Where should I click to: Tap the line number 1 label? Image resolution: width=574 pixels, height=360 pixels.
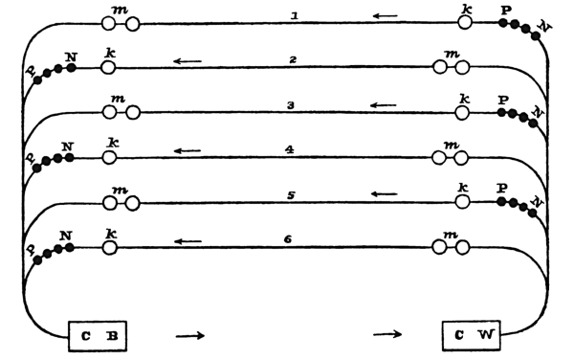(x=295, y=15)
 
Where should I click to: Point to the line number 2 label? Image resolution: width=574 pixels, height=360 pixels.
(x=293, y=59)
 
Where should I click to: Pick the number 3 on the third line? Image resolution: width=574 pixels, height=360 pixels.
(x=291, y=105)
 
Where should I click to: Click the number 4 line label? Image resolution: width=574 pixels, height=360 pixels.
(x=290, y=149)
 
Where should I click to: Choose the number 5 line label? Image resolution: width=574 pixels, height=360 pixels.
(x=291, y=195)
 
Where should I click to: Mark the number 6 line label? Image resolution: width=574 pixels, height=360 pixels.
(x=288, y=239)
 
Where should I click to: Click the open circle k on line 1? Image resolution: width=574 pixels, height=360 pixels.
(x=465, y=22)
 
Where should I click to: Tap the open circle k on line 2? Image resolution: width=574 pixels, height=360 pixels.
(x=108, y=68)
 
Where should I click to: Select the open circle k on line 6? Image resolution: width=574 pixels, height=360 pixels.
(x=109, y=248)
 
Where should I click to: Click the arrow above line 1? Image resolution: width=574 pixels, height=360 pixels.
(x=386, y=15)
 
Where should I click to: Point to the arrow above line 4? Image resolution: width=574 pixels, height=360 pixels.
(x=188, y=150)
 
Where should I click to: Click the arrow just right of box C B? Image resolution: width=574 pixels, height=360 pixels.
(x=190, y=335)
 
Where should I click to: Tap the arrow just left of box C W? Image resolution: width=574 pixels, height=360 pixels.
(x=387, y=334)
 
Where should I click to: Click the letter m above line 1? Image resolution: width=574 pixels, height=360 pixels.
(x=121, y=11)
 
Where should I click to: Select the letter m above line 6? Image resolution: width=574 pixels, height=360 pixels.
(x=451, y=235)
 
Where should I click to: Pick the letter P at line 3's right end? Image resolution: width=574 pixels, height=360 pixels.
(x=504, y=100)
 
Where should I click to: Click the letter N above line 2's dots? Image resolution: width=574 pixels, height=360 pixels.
(x=71, y=57)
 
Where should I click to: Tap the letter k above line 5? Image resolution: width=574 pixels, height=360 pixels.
(x=463, y=188)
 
